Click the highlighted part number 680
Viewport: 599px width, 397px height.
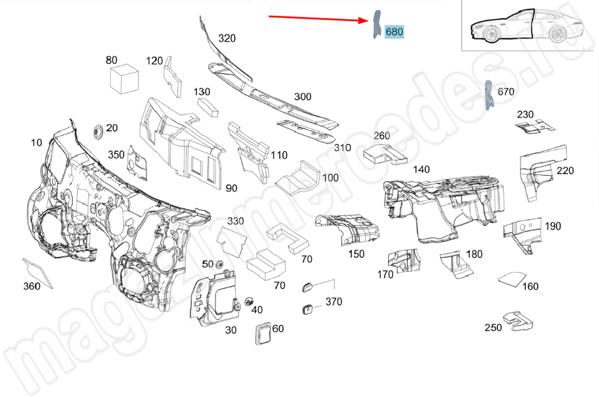pyautogui.click(x=394, y=32)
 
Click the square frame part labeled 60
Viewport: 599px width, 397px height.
pyautogui.click(x=263, y=334)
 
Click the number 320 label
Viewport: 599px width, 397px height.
pyautogui.click(x=227, y=38)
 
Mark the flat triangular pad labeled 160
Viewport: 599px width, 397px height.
pyautogui.click(x=510, y=278)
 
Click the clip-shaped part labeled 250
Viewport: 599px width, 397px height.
pyautogui.click(x=517, y=321)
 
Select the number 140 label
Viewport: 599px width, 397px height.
pyautogui.click(x=421, y=170)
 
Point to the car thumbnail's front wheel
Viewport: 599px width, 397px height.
pyautogui.click(x=490, y=36)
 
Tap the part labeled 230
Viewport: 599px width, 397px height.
pyautogui.click(x=534, y=127)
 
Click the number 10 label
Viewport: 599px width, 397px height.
pyautogui.click(x=37, y=143)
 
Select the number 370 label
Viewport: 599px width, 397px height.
pyautogui.click(x=334, y=302)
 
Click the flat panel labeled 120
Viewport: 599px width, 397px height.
pyautogui.click(x=174, y=77)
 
